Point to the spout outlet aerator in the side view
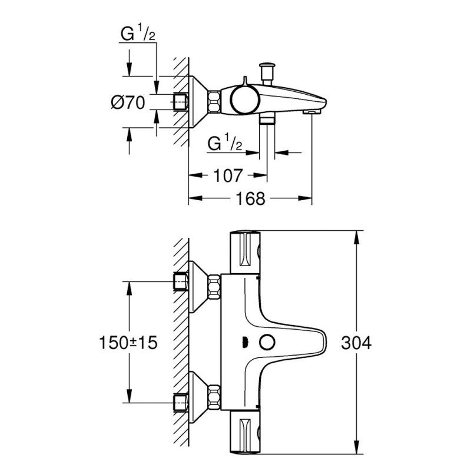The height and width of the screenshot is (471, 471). point(310,111)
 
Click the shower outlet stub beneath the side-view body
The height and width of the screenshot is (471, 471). point(267,119)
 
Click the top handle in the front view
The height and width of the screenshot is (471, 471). point(244,253)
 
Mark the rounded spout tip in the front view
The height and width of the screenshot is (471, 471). point(321,343)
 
